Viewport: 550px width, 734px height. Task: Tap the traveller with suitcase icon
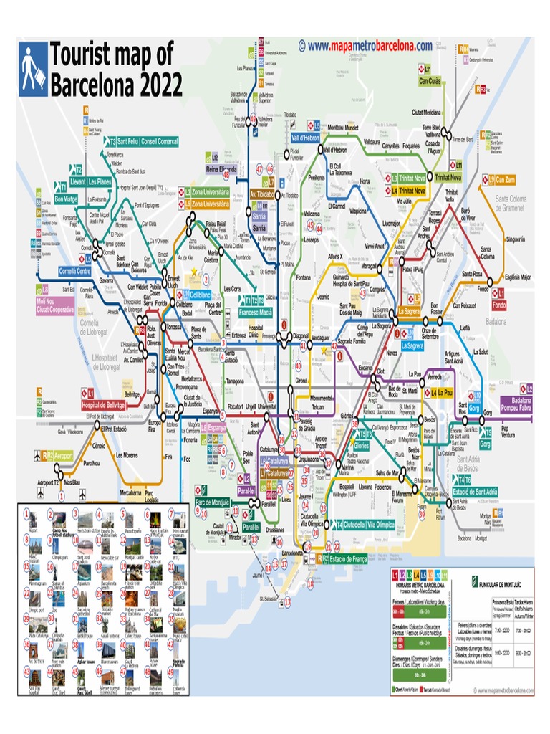(x=32, y=69)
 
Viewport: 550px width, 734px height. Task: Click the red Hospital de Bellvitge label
(x=102, y=405)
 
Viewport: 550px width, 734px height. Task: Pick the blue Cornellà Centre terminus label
(x=74, y=271)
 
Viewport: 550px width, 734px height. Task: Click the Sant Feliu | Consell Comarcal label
(x=146, y=141)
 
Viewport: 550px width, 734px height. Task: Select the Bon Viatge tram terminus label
(x=66, y=199)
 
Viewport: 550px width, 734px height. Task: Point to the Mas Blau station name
(x=72, y=483)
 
